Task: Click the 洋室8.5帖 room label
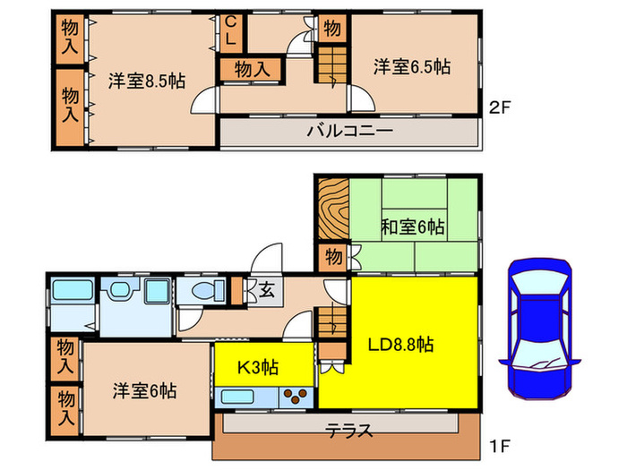pyautogui.click(x=148, y=80)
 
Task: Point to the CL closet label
pyautogui.click(x=230, y=31)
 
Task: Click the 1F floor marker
pyautogui.click(x=501, y=443)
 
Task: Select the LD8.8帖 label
pyautogui.click(x=402, y=343)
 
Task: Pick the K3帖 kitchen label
pyautogui.click(x=257, y=366)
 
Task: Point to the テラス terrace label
pyautogui.click(x=350, y=429)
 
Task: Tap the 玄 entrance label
pyautogui.click(x=266, y=288)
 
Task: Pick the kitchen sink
pyautogui.click(x=241, y=396)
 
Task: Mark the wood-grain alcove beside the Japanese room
pyautogui.click(x=331, y=208)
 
